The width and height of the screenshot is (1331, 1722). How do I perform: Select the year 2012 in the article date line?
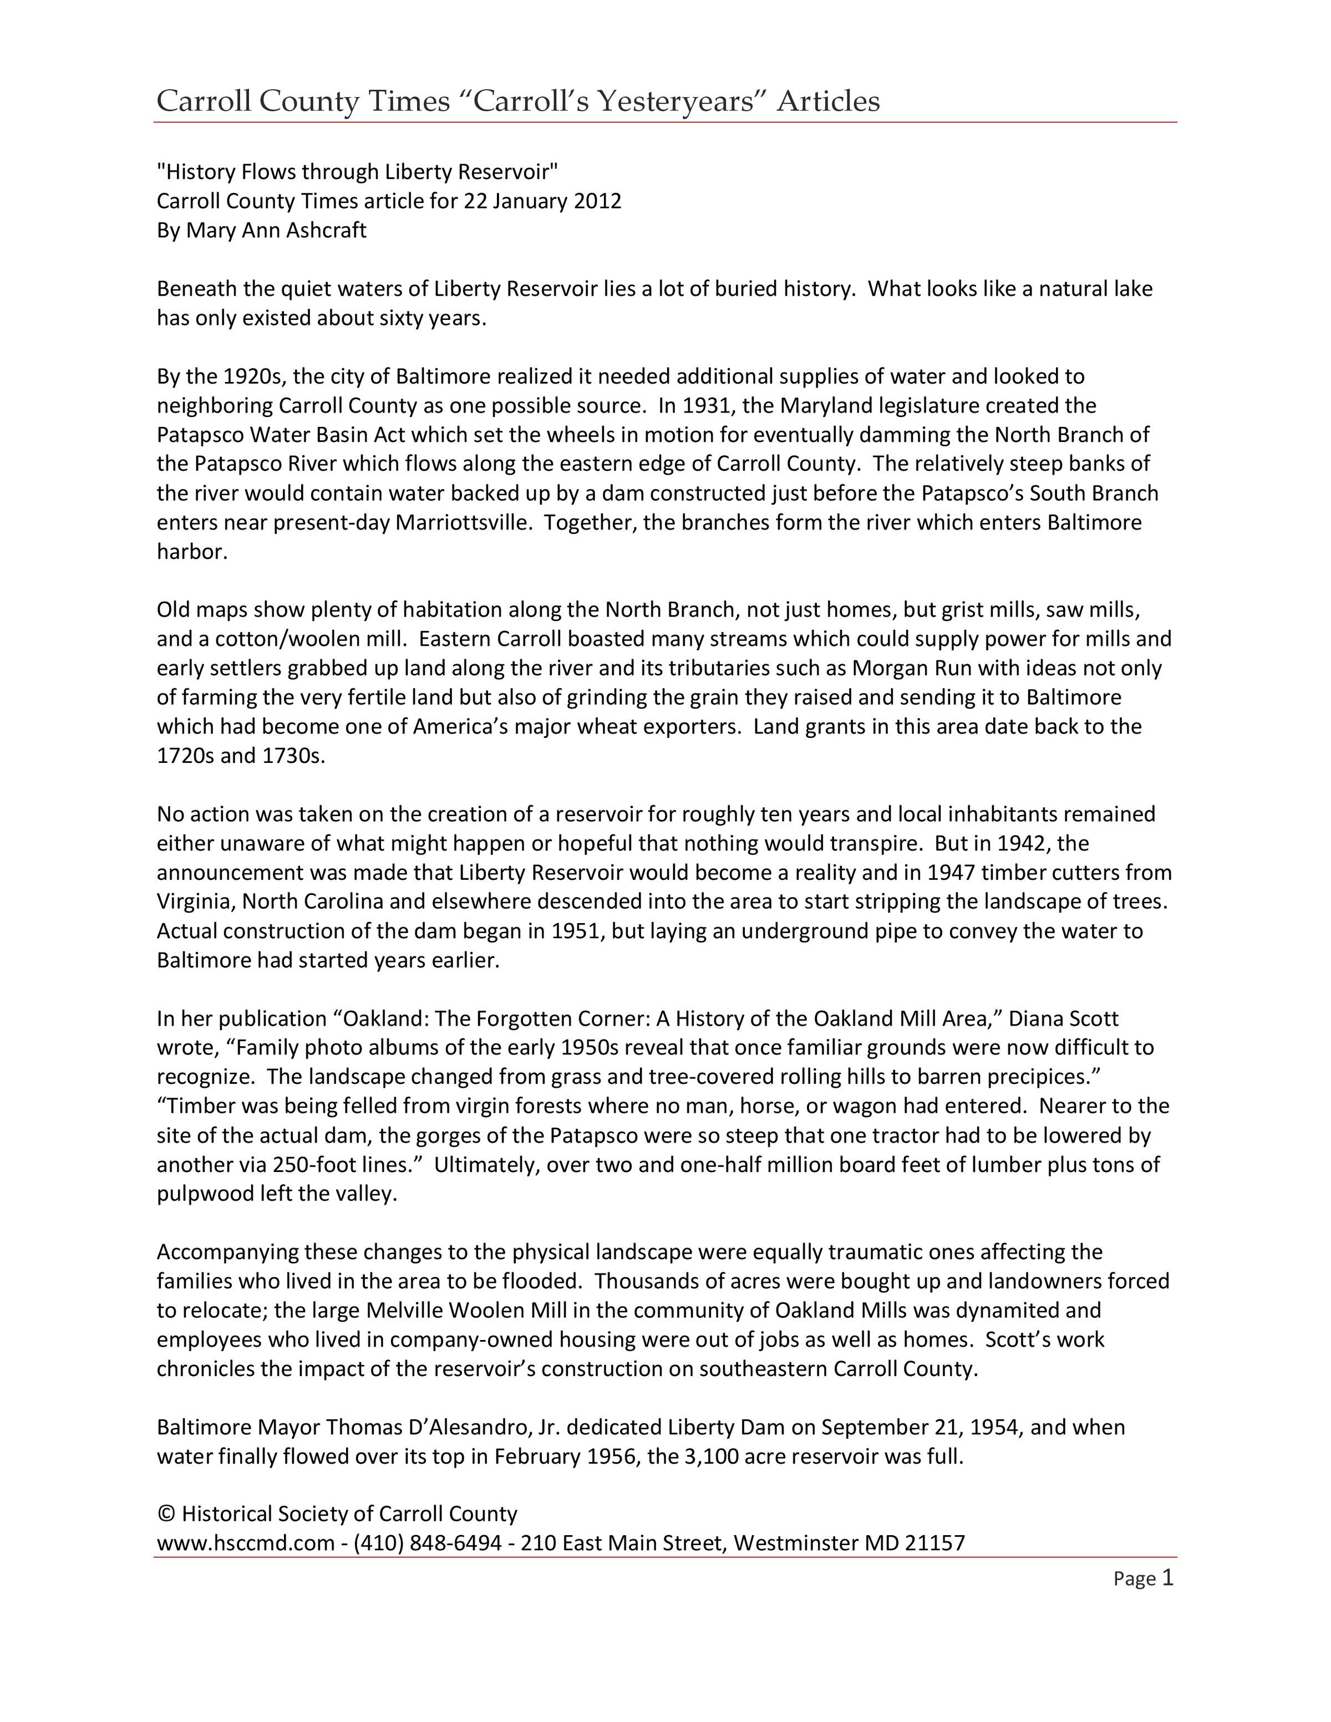tap(597, 201)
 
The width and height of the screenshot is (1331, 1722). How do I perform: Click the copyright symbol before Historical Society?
tap(166, 1514)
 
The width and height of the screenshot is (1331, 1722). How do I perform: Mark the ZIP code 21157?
tap(934, 1543)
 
